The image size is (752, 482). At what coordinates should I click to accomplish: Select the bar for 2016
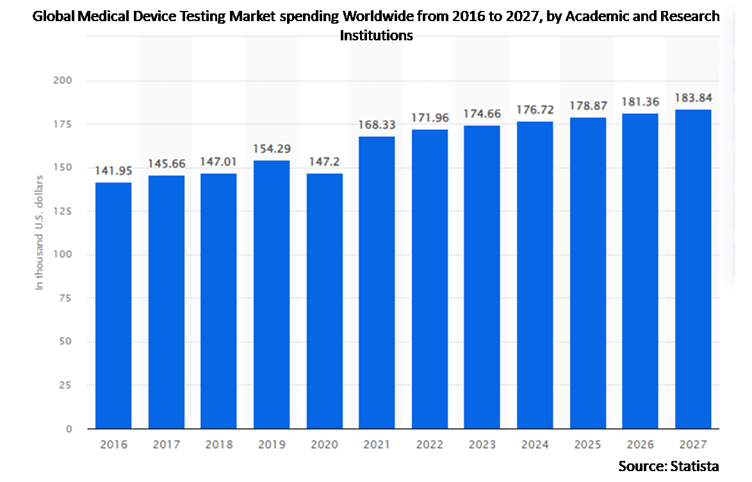click(x=113, y=305)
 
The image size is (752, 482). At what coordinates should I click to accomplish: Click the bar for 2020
click(x=324, y=301)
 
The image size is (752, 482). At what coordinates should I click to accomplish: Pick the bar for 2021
click(x=377, y=282)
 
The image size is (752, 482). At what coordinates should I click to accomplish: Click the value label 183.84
click(x=692, y=98)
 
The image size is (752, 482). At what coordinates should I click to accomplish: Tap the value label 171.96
click(x=429, y=118)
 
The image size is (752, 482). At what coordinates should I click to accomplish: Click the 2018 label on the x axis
click(x=218, y=444)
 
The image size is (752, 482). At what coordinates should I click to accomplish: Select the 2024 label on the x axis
click(x=534, y=444)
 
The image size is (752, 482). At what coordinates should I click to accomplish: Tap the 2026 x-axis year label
click(x=640, y=444)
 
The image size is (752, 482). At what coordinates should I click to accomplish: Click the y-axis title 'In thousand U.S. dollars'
click(x=40, y=232)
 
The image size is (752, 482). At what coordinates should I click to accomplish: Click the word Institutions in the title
click(x=376, y=36)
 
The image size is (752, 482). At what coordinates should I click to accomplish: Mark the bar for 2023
click(x=482, y=277)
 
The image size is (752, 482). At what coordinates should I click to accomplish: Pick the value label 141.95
click(x=113, y=171)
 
